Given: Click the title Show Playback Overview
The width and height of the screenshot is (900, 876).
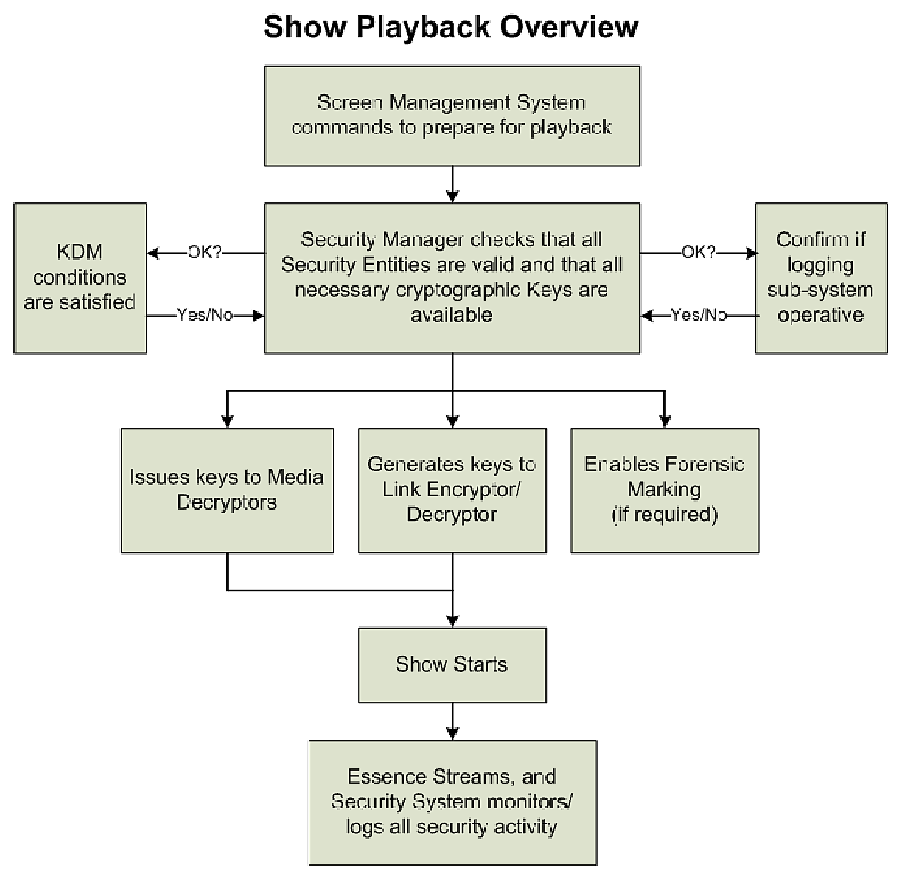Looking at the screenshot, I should pos(451,28).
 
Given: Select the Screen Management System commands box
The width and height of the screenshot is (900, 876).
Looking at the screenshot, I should pos(452,115).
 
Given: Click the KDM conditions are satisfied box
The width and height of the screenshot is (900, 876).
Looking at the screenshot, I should pos(79,277).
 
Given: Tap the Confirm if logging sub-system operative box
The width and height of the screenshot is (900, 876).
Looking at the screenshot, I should pos(821,277).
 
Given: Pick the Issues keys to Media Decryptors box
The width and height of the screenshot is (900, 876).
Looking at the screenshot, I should pos(227,490).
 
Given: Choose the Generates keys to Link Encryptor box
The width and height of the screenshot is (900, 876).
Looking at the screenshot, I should pos(452,490).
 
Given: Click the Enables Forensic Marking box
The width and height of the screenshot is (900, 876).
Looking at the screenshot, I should pos(664,490).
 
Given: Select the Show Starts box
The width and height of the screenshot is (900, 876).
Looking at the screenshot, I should pos(452,664).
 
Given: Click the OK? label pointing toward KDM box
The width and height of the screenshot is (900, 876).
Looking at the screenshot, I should pos(204,253).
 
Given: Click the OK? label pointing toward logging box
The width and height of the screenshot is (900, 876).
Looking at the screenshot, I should pos(698,253).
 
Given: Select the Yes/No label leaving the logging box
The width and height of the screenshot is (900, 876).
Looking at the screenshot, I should pos(698,315).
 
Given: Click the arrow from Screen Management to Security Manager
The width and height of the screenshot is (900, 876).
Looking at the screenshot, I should pos(454,184).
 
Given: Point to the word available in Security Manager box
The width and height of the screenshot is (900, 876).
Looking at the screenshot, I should pos(453,316).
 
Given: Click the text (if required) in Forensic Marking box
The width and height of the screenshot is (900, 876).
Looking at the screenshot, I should pos(664,515).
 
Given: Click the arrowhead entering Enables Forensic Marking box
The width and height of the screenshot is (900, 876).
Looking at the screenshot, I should pos(663,420).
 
